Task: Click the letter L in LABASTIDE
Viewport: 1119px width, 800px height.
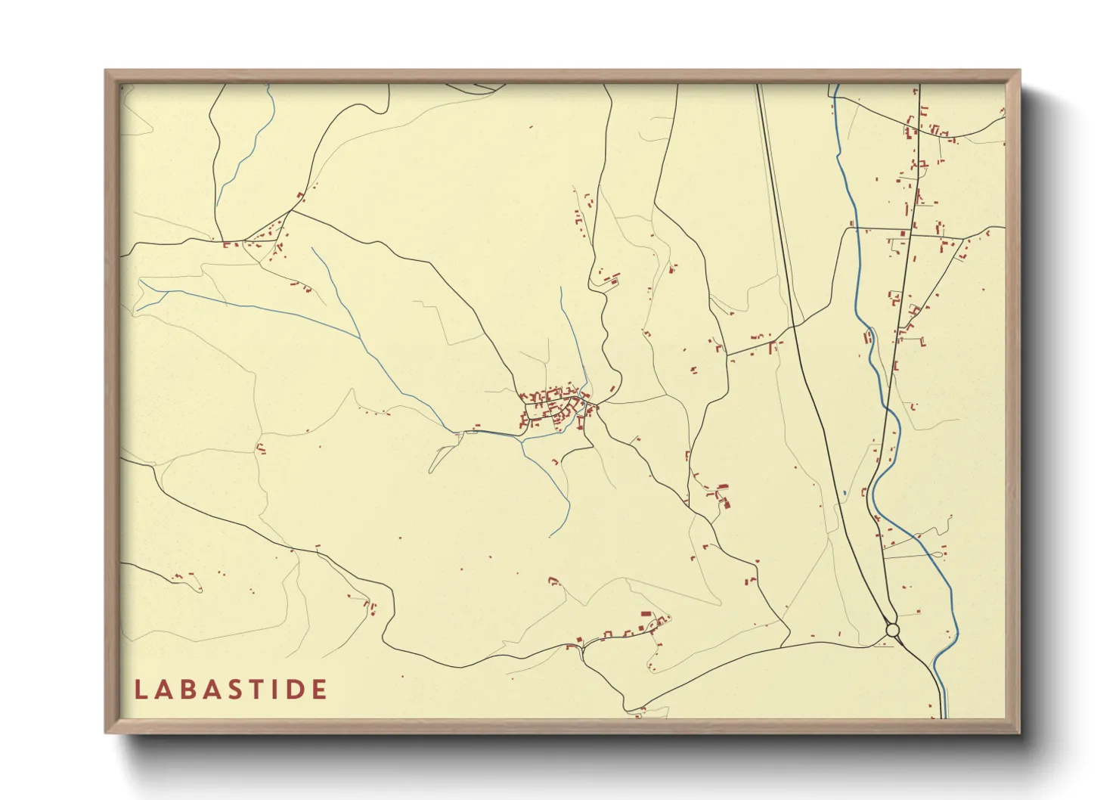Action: [140, 690]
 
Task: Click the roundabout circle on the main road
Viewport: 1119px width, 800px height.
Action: [892, 630]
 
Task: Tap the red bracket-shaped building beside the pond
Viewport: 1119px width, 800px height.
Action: [865, 491]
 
